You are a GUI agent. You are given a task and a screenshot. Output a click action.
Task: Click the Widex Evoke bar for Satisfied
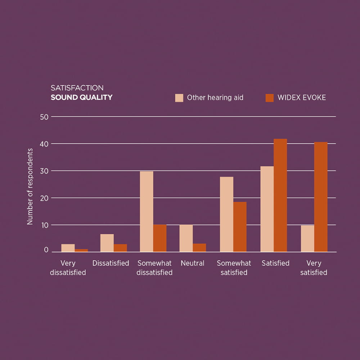point(280,195)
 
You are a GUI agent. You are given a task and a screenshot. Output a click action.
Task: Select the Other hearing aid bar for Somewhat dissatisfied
point(147,211)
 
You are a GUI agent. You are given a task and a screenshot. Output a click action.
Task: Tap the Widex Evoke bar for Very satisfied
point(321,197)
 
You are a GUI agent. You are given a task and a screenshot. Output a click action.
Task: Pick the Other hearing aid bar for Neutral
point(186,238)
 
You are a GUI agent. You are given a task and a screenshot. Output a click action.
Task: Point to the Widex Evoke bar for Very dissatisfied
point(81,251)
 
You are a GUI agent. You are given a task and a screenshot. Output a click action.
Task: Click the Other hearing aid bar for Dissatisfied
point(107,243)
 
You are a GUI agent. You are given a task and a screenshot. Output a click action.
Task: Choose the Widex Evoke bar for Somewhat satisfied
point(240,227)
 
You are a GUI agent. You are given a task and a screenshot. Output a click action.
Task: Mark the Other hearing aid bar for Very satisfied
point(307,238)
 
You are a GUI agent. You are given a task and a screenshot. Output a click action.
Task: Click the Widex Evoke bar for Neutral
point(199,248)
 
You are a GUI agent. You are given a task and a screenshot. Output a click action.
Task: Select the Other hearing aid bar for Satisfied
point(267,209)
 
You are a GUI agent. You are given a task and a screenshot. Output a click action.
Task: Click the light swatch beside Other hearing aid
point(179,98)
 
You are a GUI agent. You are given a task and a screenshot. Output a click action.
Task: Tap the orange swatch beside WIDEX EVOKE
point(270,98)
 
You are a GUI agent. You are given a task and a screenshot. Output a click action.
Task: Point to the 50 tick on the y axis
point(44,117)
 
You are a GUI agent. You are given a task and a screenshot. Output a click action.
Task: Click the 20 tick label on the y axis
point(44,198)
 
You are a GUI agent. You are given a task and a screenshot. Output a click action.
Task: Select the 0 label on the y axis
point(46,250)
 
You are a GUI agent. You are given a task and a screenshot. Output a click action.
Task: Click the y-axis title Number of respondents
point(30,186)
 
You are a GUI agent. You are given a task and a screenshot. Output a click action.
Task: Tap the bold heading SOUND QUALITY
point(81,97)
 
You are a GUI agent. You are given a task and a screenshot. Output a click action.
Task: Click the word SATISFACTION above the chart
point(77,88)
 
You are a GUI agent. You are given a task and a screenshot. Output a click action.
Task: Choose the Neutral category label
point(193,263)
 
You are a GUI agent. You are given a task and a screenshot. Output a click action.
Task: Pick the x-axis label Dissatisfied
point(111,263)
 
